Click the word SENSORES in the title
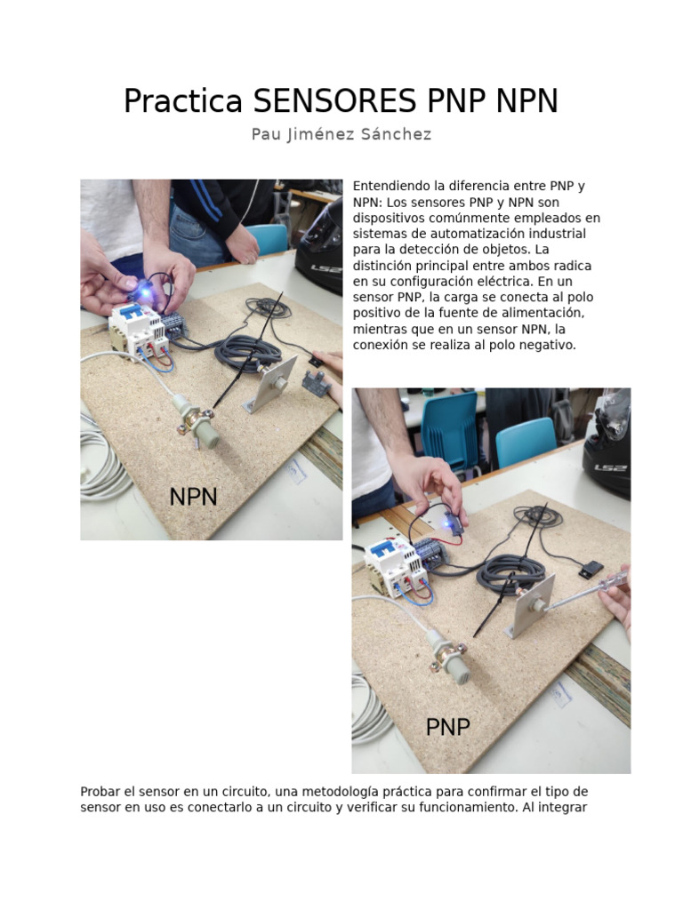pyautogui.click(x=334, y=100)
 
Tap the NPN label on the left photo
pyautogui.click(x=193, y=497)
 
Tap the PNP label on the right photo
pyautogui.click(x=448, y=727)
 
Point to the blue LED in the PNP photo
pyautogui.click(x=448, y=523)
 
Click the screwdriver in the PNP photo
pyautogui.click(x=587, y=591)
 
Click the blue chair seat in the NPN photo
pyautogui.click(x=269, y=238)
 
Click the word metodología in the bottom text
pyautogui.click(x=339, y=792)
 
